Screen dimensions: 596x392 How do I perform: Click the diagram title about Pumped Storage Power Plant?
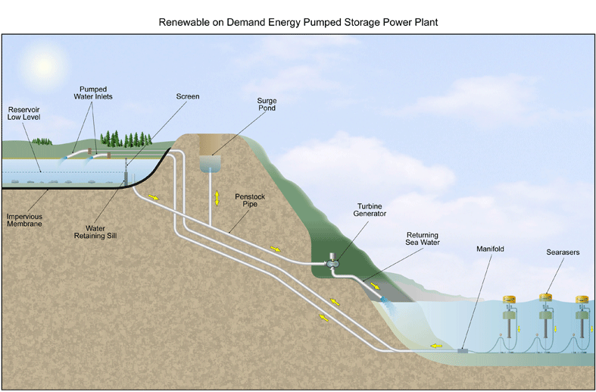point(298,22)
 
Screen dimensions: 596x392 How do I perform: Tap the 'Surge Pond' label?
point(267,105)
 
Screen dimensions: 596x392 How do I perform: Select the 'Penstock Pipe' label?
point(250,200)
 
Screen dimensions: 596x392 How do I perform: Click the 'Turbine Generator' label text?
point(370,210)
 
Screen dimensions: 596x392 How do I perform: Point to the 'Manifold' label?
point(490,249)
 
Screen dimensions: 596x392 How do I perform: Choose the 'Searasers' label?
point(563,252)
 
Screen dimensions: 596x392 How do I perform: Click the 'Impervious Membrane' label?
point(24,220)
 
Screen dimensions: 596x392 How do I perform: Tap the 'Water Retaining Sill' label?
point(95,232)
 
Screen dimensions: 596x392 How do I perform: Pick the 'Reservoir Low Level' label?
point(23,114)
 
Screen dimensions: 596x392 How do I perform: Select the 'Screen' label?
point(187,96)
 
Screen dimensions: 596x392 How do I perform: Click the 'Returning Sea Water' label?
point(423,239)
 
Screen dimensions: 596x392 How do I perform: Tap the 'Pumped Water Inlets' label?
point(93,93)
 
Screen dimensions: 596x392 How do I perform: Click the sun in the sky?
point(44,66)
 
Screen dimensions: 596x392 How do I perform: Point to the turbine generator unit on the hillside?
point(332,261)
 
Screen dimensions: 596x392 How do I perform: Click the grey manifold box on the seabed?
point(463,350)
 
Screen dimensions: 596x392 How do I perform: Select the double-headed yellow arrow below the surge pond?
point(217,199)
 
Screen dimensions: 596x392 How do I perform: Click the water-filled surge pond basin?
point(211,164)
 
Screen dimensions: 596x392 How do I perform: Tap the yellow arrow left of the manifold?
point(436,346)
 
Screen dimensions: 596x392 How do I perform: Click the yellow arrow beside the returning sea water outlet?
point(375,286)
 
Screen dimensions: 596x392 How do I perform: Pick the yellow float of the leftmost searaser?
point(509,299)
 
